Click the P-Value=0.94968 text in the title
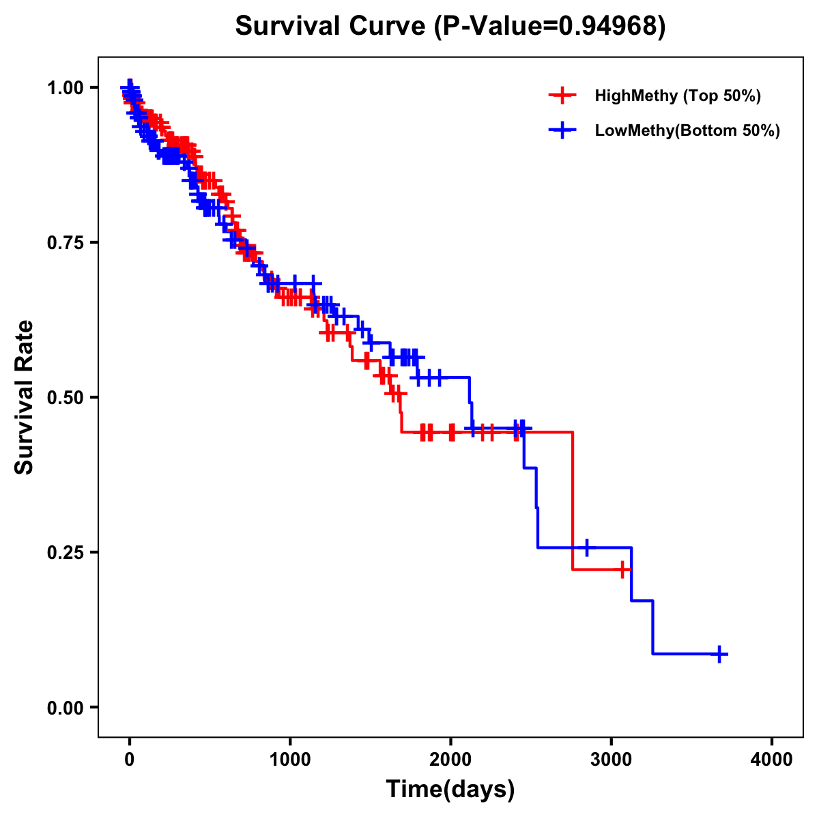click(x=551, y=26)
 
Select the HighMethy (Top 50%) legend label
click(x=678, y=96)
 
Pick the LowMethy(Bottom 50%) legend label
click(x=687, y=131)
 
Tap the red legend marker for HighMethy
click(x=562, y=96)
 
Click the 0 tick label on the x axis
click(x=130, y=759)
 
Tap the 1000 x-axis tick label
click(x=290, y=759)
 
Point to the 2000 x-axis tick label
click(x=450, y=759)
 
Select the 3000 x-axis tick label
click(x=612, y=759)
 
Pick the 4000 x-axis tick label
click(x=772, y=759)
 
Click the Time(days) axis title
click(x=450, y=790)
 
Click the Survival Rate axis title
click(x=25, y=397)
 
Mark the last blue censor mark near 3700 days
click(x=719, y=654)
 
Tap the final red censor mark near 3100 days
click(x=622, y=569)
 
